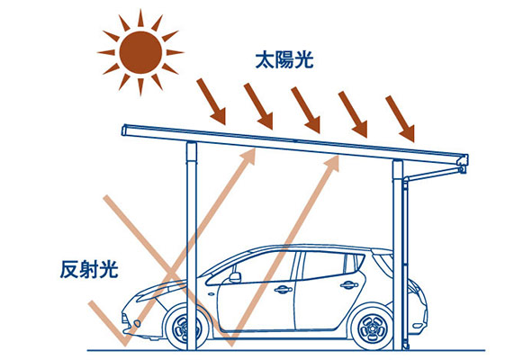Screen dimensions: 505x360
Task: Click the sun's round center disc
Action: pyautogui.click(x=140, y=52)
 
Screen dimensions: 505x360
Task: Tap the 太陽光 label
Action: pyautogui.click(x=284, y=60)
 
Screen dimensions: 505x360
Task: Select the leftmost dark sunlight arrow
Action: pyautogui.click(x=212, y=102)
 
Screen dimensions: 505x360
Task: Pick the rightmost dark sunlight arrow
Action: pyautogui.click(x=400, y=119)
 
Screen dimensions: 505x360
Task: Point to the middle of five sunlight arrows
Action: pyautogui.click(x=306, y=110)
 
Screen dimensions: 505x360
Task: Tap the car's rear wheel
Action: pyautogui.click(x=373, y=326)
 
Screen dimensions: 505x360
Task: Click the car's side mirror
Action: pyautogui.click(x=235, y=277)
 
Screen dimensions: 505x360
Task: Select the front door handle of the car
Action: pyautogui.click(x=284, y=289)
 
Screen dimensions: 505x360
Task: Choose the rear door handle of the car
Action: pyautogui.click(x=349, y=284)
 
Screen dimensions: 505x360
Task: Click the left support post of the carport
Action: pyautogui.click(x=192, y=246)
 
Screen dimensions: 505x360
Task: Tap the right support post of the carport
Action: pyautogui.click(x=398, y=255)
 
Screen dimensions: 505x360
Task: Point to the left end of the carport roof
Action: pyautogui.click(x=124, y=130)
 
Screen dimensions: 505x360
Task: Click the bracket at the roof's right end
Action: pyautogui.click(x=463, y=164)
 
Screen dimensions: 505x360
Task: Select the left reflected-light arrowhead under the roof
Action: pyautogui.click(x=248, y=157)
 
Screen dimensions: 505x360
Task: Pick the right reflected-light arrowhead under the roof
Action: pyautogui.click(x=332, y=164)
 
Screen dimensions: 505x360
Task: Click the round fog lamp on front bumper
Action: pyautogui.click(x=138, y=323)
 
